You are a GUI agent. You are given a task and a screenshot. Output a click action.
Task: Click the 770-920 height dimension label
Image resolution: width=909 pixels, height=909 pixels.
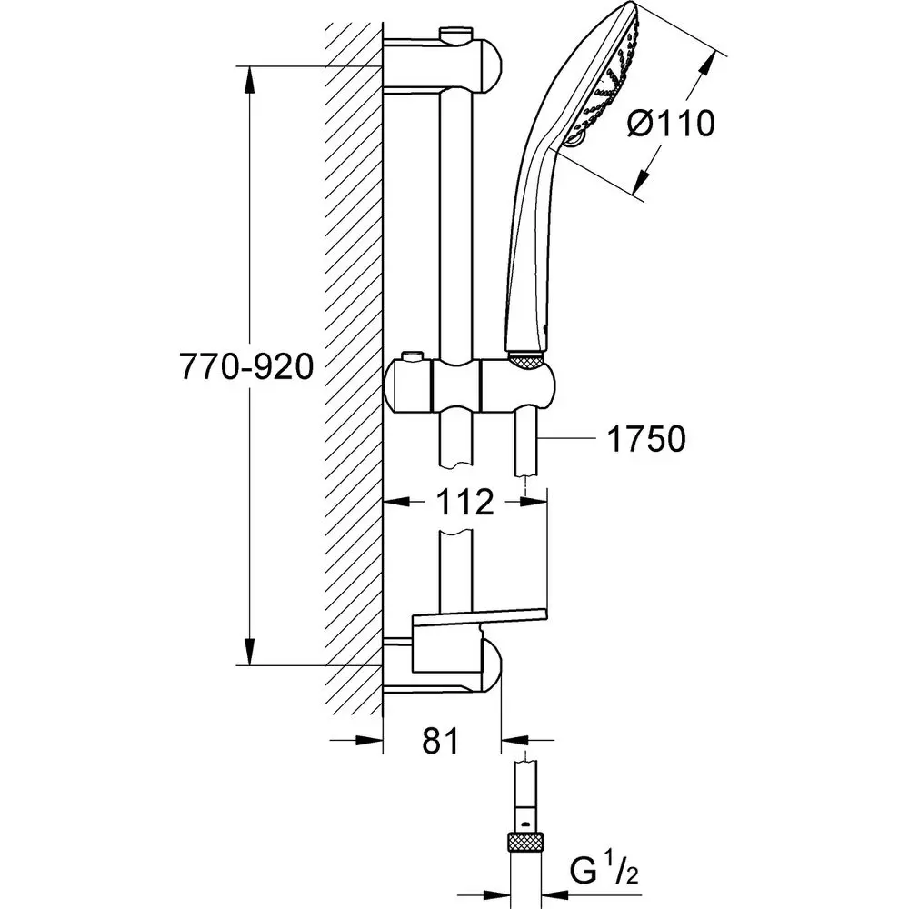(246, 366)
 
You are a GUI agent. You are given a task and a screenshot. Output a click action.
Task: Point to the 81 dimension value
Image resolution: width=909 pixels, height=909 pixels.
(441, 743)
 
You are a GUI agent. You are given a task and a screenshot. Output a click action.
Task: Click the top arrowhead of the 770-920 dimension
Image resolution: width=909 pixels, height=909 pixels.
(248, 78)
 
